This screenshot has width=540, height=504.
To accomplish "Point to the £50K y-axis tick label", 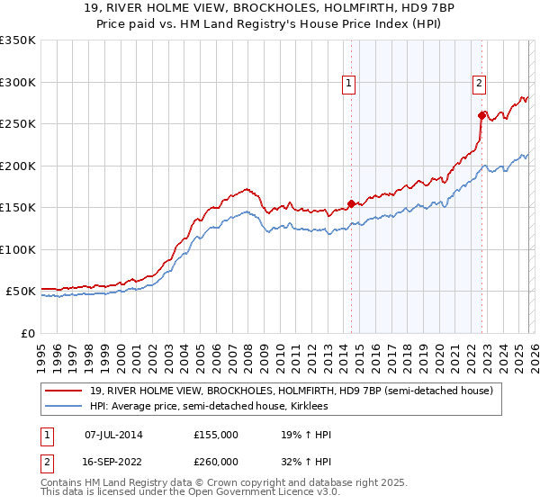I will [x=20, y=292].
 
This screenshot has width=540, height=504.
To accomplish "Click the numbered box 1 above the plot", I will [x=349, y=84].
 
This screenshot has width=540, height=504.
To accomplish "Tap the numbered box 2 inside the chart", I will [x=480, y=84].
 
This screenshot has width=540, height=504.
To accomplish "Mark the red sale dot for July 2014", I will [x=351, y=203].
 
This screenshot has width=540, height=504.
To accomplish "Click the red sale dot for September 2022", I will [x=481, y=115].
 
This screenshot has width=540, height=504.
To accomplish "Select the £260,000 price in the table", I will [x=216, y=461].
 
